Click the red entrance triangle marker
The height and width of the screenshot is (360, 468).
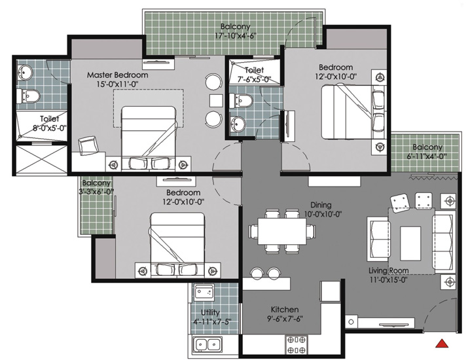[x=442, y=344]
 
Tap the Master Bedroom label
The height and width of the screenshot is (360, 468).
[x=117, y=75]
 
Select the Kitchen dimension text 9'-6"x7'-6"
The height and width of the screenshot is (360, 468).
[x=285, y=319]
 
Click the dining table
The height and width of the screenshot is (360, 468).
[x=282, y=231]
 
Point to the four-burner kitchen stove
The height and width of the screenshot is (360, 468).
[x=297, y=344]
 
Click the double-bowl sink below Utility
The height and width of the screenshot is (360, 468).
[x=207, y=345]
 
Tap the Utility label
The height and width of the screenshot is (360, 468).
[x=210, y=312]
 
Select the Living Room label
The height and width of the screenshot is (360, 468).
[x=388, y=271]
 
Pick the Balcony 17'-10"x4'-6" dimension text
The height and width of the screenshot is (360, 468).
[x=236, y=36]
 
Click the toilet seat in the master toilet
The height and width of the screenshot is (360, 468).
[x=29, y=96]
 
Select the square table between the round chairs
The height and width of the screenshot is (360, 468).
[x=216, y=101]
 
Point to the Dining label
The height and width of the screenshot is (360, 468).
[x=321, y=205]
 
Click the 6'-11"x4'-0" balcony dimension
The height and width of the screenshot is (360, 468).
[x=427, y=156]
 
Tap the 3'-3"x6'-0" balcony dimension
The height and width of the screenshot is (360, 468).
[x=96, y=191]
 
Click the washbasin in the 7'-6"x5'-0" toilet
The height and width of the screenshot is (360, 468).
[x=238, y=123]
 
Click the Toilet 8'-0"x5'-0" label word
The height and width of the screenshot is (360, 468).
[x=49, y=119]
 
